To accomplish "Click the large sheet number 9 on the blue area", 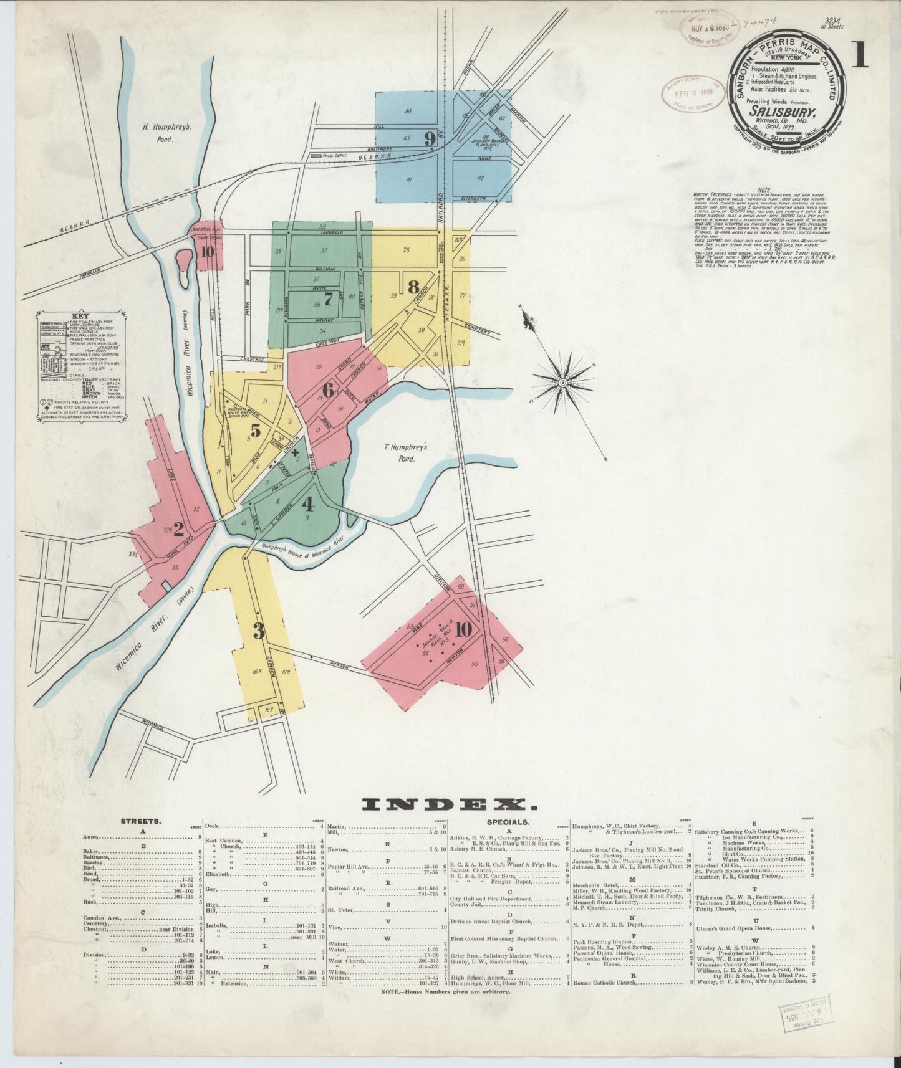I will point(430,139).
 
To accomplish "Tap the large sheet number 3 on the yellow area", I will point(259,631).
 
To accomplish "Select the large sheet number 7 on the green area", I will point(329,297).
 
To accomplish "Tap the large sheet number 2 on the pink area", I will point(178,529).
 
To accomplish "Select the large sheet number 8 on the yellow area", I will point(413,287).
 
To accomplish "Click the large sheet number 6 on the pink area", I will point(329,391).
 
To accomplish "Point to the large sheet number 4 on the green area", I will point(308,503).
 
